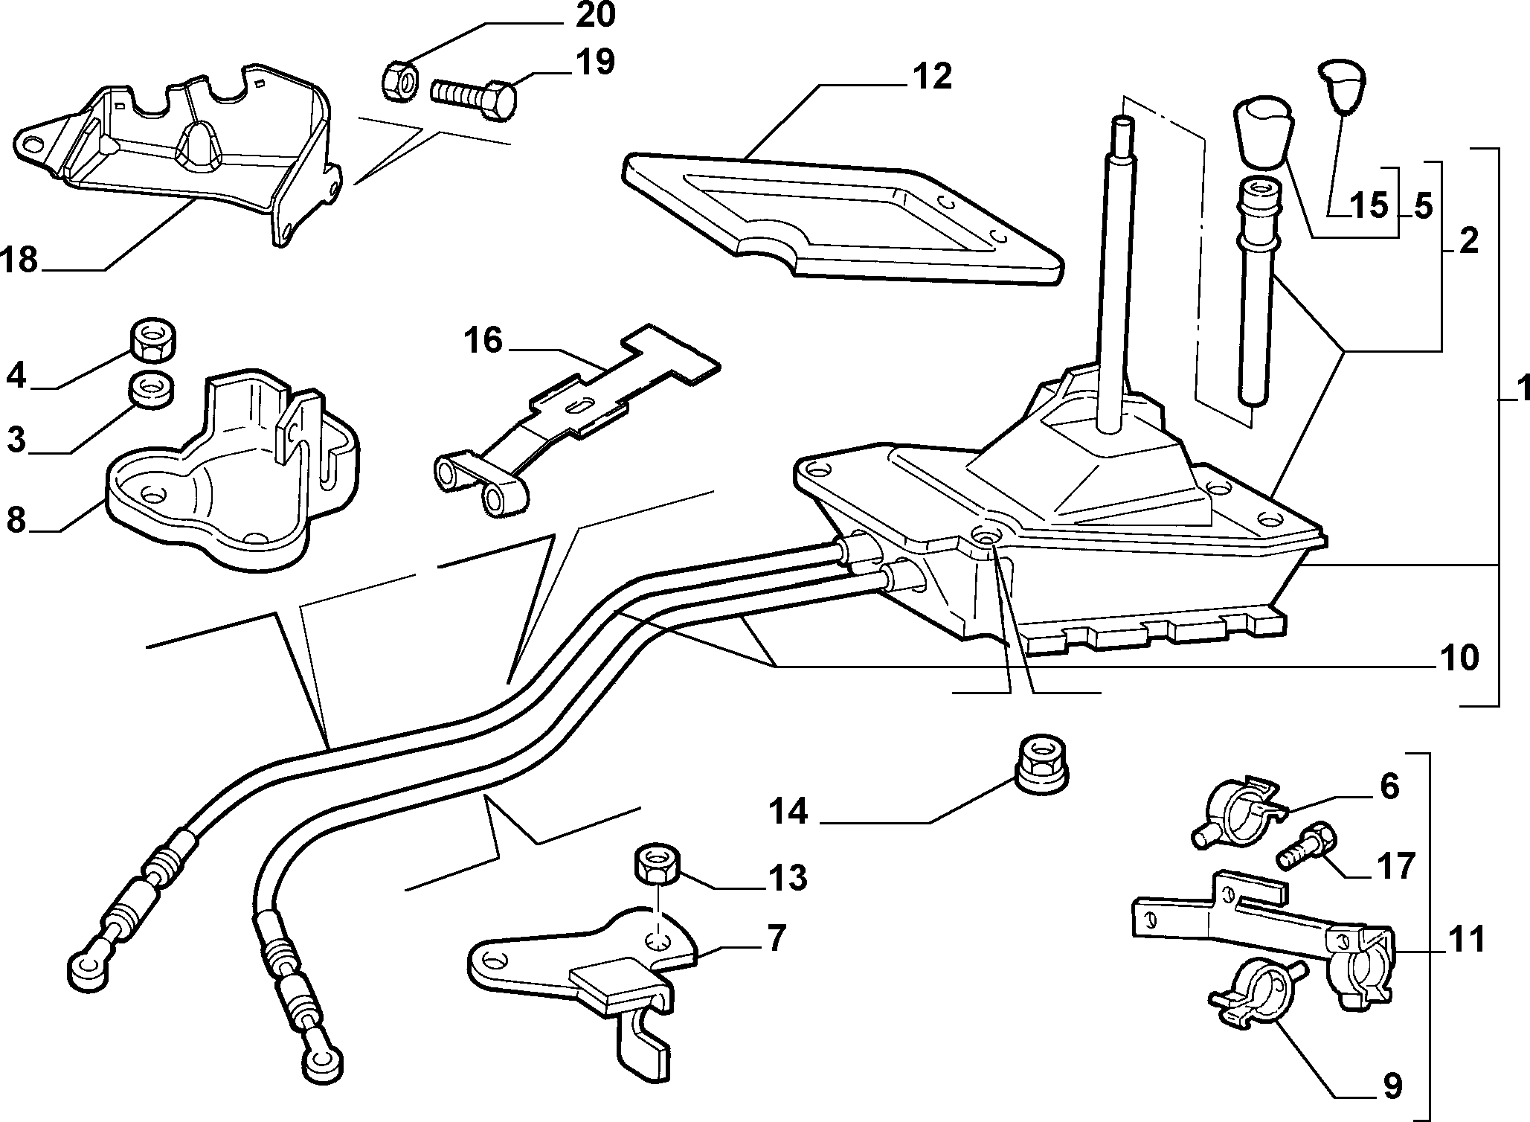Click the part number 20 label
coord(596,16)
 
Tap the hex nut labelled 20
coord(399,80)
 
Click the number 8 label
coord(16,520)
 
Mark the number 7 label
coord(776,940)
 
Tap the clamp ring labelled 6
coord(1235,811)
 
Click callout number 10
coord(1459,658)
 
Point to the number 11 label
coord(1465,940)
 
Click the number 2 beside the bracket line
coord(1468,242)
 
